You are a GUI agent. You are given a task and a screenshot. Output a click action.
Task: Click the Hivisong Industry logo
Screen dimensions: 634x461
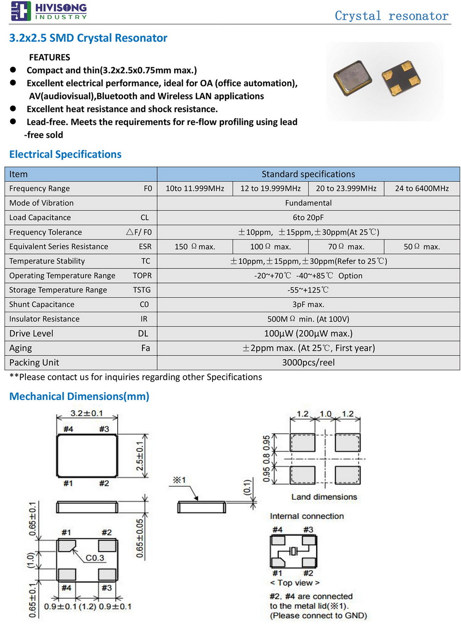click(48, 11)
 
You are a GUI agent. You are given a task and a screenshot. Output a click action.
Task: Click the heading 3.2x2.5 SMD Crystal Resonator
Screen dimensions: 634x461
click(88, 38)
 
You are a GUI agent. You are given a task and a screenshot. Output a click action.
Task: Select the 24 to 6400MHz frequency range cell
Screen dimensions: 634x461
click(422, 188)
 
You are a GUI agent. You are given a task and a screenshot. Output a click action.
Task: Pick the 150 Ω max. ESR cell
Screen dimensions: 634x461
click(195, 246)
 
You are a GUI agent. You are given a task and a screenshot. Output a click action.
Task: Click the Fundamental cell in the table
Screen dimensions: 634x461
click(308, 203)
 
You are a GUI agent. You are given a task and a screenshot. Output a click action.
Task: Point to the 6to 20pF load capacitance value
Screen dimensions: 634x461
click(308, 217)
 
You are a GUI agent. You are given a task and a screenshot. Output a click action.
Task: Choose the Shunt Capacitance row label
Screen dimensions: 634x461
click(42, 305)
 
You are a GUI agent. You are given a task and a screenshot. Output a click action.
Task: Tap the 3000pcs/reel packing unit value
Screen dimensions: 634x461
click(308, 362)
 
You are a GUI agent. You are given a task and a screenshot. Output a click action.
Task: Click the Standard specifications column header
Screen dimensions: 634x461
click(308, 174)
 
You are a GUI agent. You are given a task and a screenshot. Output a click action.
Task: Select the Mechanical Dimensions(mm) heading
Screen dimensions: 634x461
click(79, 396)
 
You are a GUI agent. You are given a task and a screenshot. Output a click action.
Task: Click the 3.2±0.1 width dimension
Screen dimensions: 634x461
click(87, 413)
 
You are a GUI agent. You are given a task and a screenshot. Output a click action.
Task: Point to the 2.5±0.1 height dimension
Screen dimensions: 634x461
click(140, 456)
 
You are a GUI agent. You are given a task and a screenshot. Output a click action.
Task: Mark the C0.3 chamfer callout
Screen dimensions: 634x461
click(95, 558)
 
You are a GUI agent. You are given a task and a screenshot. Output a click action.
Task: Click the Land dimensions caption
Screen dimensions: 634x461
click(324, 497)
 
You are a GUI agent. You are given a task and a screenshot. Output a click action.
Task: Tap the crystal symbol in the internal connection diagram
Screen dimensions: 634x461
click(294, 551)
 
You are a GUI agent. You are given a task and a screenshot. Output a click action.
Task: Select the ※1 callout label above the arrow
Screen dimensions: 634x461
click(179, 480)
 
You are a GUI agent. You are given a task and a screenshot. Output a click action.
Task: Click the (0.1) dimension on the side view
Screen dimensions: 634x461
click(248, 487)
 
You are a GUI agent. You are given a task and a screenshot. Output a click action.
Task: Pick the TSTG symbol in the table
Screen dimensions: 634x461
click(142, 290)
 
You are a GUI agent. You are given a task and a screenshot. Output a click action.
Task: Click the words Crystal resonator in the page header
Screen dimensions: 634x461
click(391, 16)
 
